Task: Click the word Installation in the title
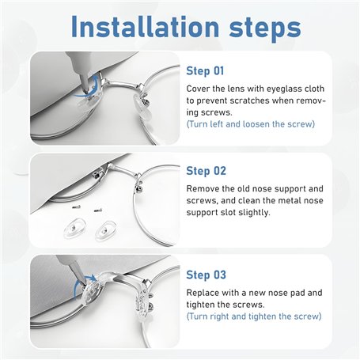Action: [x=145, y=26]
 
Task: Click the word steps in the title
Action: [x=265, y=28]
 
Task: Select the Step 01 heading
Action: [x=205, y=71]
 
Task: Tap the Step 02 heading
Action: [x=206, y=171]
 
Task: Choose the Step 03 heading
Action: [x=206, y=275]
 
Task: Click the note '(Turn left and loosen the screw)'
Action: [x=251, y=124]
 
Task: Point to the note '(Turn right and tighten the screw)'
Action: [x=254, y=316]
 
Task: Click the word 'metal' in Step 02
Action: [x=287, y=200]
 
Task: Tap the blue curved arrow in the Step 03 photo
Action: [x=82, y=284]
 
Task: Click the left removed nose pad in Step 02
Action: [x=75, y=229]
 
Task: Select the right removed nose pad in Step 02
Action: [x=106, y=230]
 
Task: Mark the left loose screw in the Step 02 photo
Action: [x=77, y=207]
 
